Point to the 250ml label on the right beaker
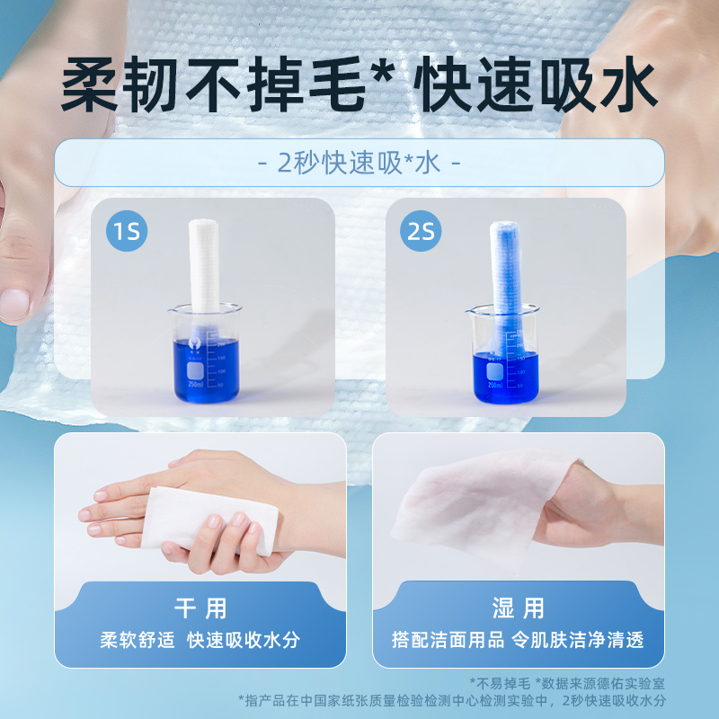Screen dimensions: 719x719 (494, 384)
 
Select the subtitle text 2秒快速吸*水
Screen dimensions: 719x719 (359, 164)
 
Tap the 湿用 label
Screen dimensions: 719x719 (518, 608)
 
